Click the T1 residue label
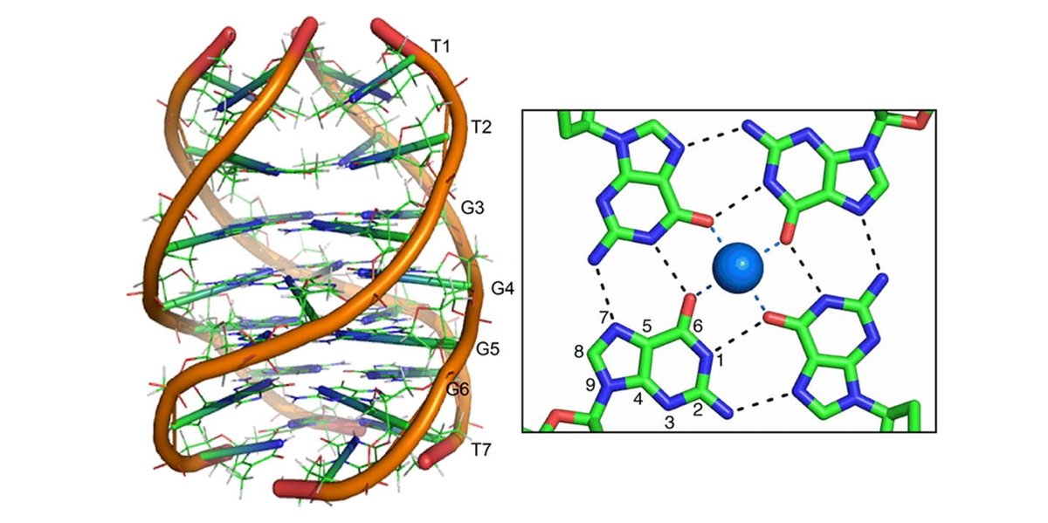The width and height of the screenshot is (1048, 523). tap(441, 45)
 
